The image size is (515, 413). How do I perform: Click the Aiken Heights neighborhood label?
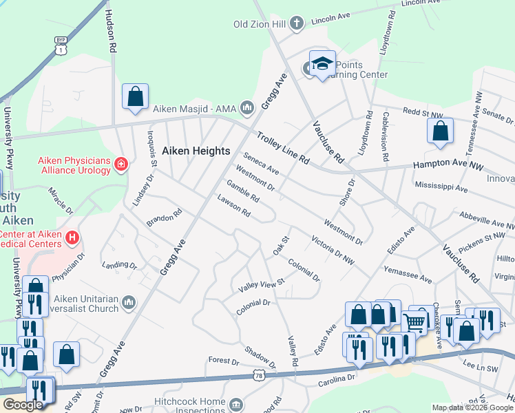pos(196,151)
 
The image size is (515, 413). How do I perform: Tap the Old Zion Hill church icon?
pos(297,24)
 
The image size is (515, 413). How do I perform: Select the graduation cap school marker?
pos(322,64)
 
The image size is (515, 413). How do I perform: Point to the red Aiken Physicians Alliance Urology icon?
pos(122,164)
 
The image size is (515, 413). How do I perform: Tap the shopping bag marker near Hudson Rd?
pos(136,96)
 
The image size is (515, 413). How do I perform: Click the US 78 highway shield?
pos(259,375)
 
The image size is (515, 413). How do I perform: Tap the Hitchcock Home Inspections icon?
pos(236,403)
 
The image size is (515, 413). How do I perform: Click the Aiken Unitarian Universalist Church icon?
pos(129,301)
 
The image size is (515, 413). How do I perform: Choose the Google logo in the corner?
pos(23,405)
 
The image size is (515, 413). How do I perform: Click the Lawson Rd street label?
pos(233,206)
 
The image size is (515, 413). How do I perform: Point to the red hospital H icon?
pos(72,237)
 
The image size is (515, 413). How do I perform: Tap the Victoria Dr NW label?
pos(333,251)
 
